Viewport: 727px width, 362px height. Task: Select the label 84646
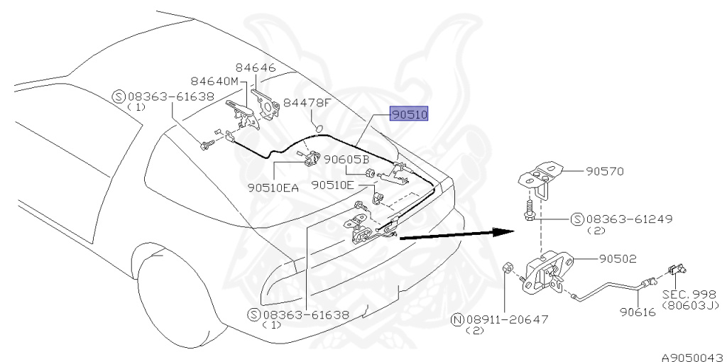pos(256,69)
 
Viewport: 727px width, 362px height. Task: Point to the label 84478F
pos(307,103)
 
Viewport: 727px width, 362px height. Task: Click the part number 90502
pos(617,260)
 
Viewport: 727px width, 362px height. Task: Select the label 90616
pos(636,310)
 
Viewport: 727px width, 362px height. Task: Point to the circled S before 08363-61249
pos(577,219)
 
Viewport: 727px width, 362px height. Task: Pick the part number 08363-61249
pos(628,219)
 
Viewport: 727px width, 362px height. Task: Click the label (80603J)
pos(690,305)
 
